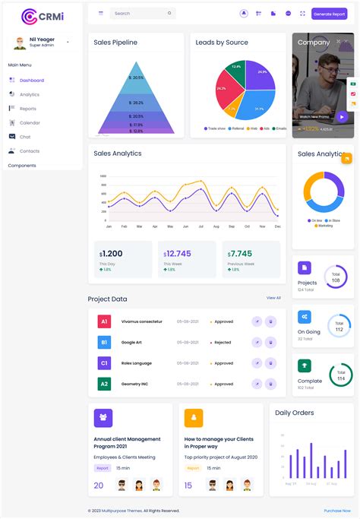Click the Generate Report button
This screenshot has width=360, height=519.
click(x=329, y=14)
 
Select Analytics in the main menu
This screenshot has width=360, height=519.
click(x=30, y=94)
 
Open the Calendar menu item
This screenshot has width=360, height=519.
click(x=30, y=122)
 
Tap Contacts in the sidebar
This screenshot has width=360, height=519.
click(x=30, y=150)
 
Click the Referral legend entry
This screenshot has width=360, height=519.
click(x=236, y=128)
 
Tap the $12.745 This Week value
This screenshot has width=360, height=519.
click(x=177, y=254)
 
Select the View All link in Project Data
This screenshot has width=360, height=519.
click(x=273, y=298)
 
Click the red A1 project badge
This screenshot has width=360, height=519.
click(x=104, y=321)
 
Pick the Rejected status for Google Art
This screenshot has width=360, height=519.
click(x=223, y=343)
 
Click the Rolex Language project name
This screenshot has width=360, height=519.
click(x=137, y=363)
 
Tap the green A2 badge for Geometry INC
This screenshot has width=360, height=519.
click(x=104, y=384)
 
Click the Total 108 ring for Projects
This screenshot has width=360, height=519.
click(x=336, y=277)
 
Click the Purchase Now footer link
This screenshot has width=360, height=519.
click(x=337, y=511)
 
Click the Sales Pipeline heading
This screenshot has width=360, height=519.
click(x=115, y=43)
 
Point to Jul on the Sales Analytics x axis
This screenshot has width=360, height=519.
click(x=201, y=226)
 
